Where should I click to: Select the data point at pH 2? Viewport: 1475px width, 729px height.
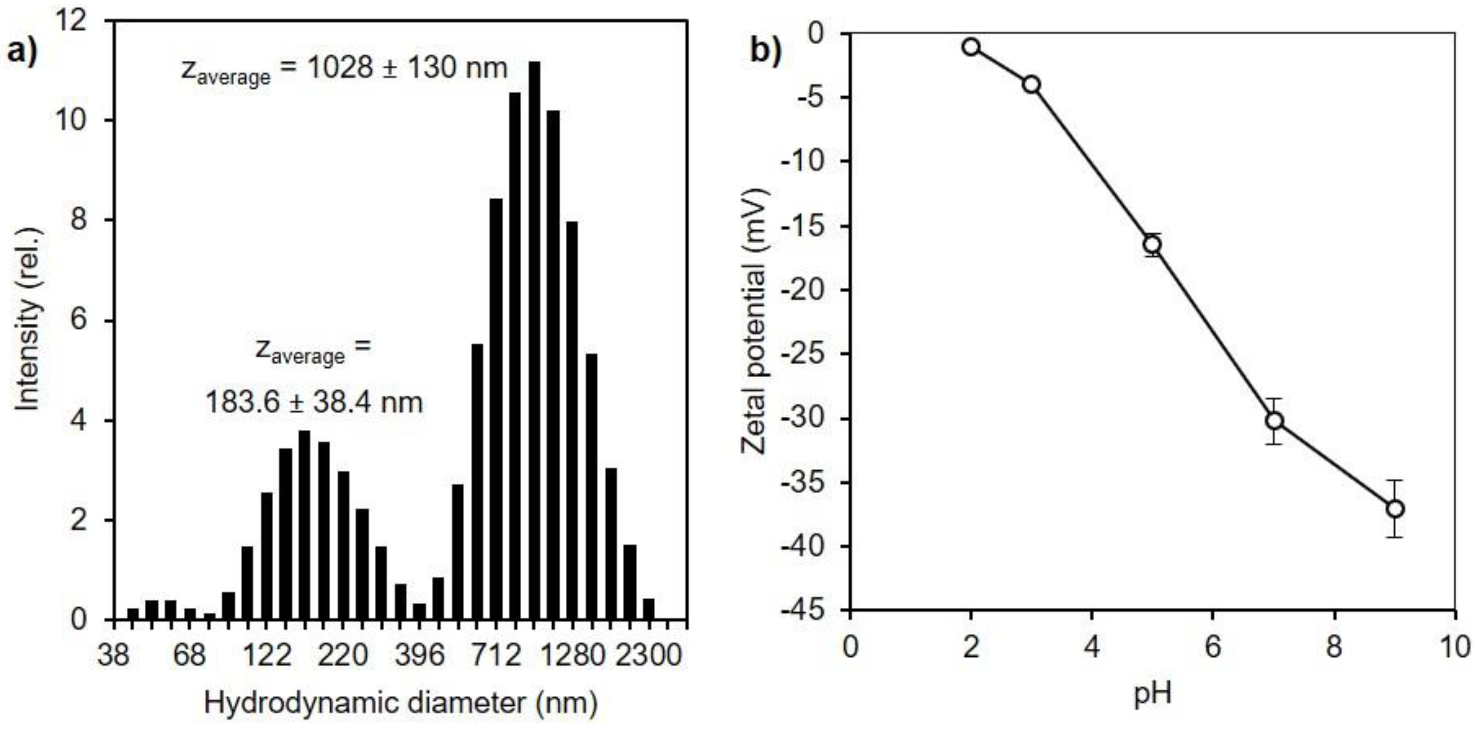pos(971,47)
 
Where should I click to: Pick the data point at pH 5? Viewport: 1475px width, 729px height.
pos(1152,245)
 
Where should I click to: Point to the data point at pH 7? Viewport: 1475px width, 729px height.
pos(1274,421)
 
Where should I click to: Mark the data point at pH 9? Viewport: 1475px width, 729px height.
pos(1396,508)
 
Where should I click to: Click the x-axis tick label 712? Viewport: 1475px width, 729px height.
pos(496,655)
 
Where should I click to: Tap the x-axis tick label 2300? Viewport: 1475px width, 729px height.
pos(649,655)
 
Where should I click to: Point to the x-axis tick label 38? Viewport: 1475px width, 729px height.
pos(113,655)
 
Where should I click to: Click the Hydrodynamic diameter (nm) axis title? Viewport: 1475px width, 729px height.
pos(400,703)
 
